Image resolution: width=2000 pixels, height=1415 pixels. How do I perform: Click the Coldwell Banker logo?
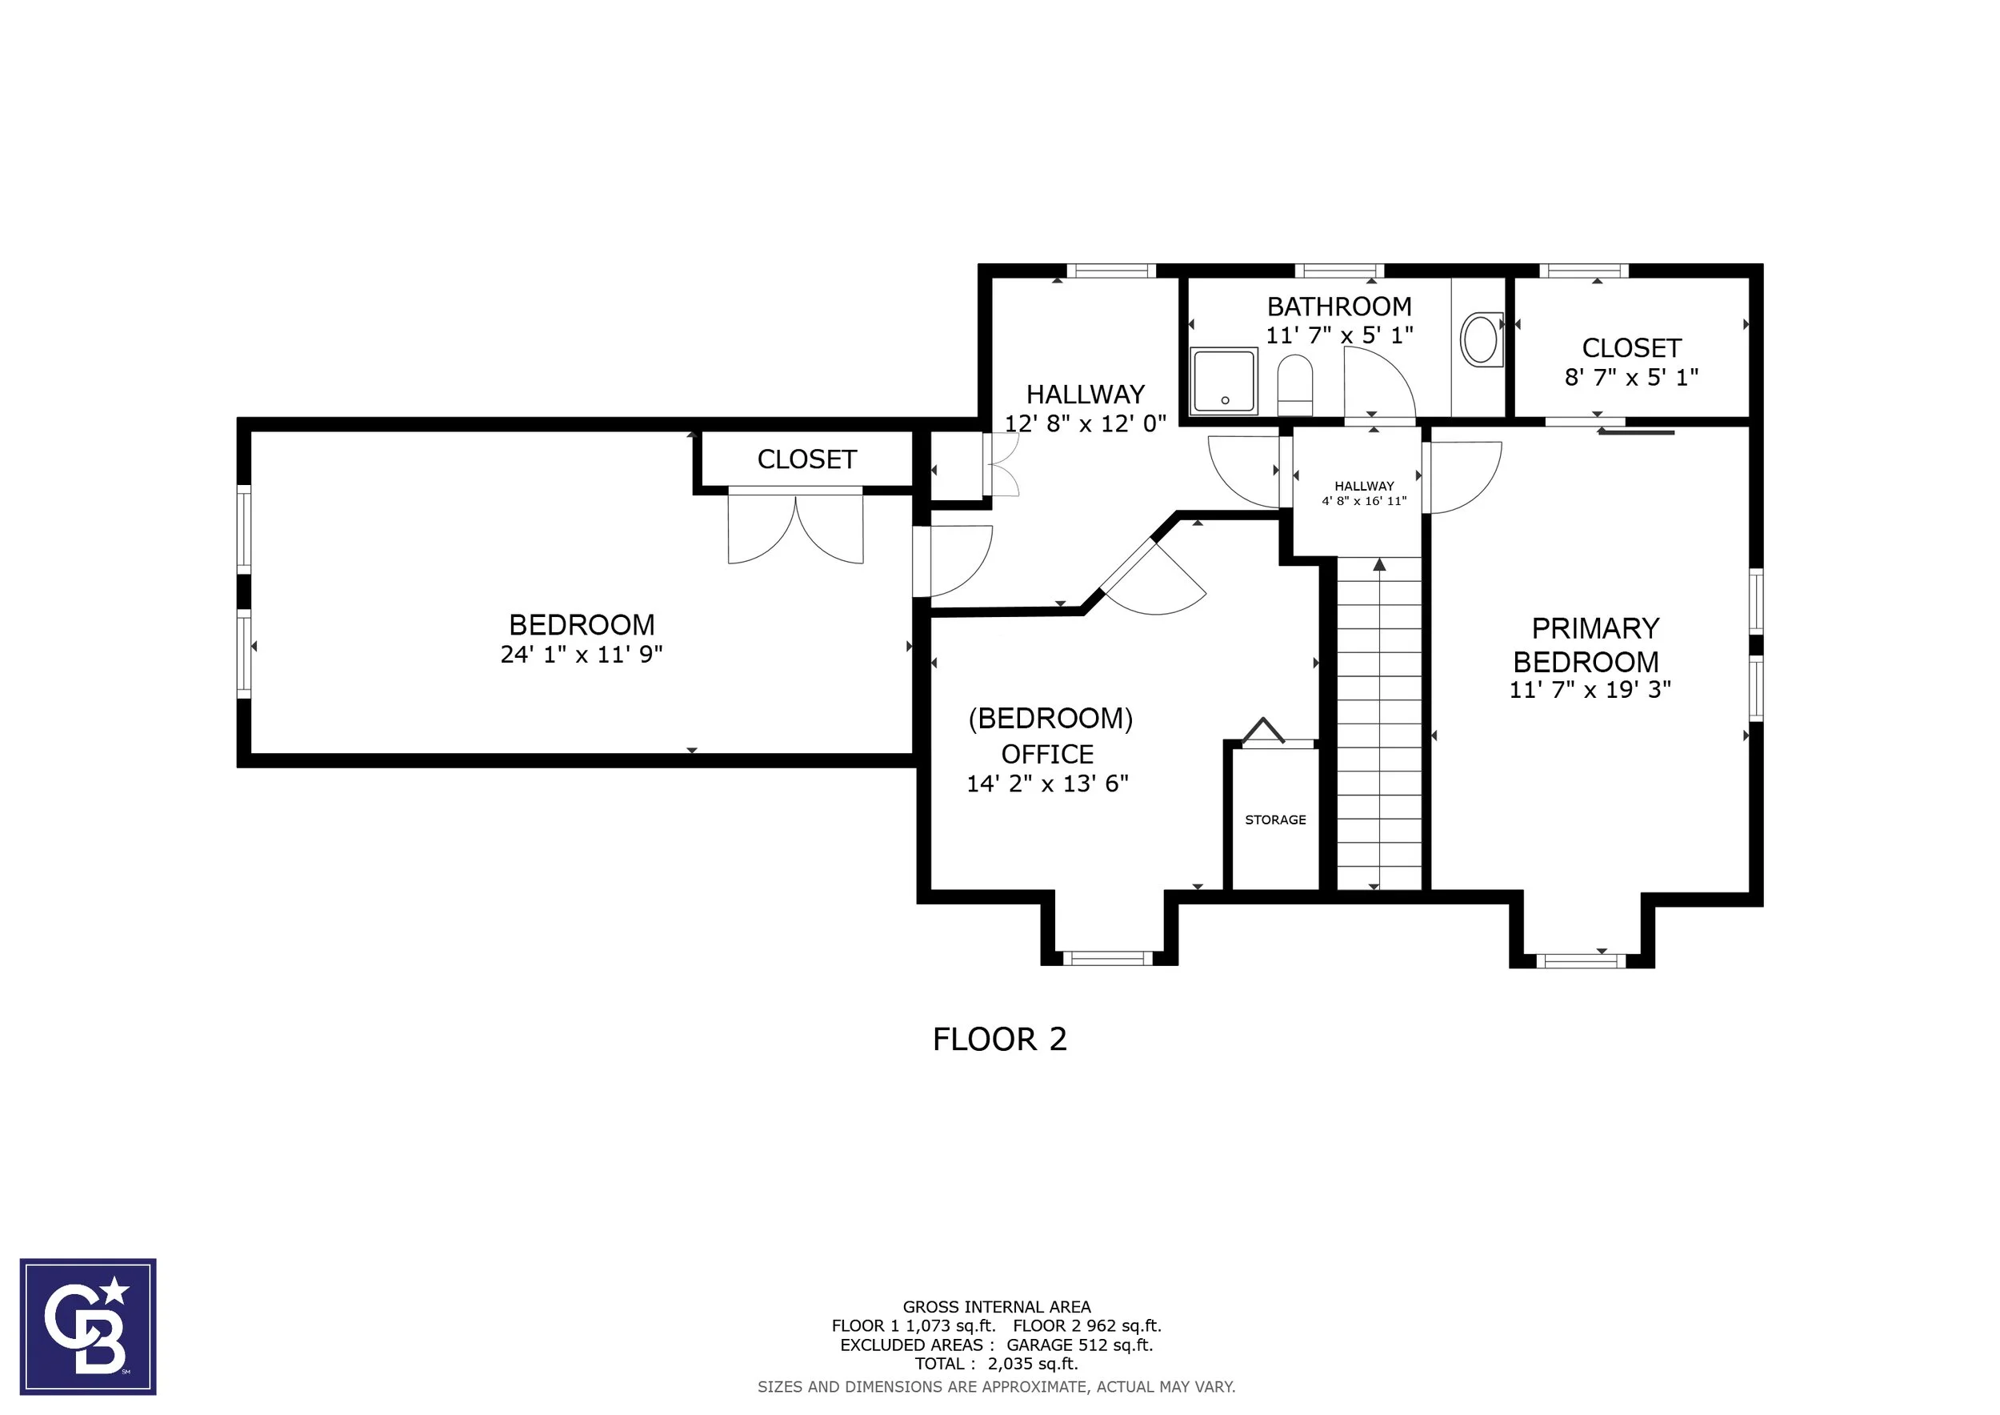click(88, 1326)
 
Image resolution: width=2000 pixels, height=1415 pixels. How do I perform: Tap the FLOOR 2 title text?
click(999, 1040)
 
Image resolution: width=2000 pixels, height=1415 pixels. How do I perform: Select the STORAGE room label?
click(1275, 820)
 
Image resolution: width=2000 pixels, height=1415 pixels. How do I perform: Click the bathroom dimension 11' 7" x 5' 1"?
click(1339, 335)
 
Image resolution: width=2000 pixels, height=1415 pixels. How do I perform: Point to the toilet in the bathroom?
click(1294, 385)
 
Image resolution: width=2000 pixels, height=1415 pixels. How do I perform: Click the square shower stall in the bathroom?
click(1225, 381)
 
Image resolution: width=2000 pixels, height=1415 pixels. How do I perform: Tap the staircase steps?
click(1379, 724)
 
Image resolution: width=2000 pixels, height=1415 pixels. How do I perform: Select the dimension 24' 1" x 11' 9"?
click(581, 655)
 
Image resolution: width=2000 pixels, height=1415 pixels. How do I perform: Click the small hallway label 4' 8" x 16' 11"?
click(1364, 501)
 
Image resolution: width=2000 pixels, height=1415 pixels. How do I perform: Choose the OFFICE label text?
click(1047, 755)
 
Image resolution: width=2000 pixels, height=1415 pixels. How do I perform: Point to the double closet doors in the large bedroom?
click(795, 527)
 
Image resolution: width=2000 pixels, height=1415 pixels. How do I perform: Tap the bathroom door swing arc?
click(1379, 383)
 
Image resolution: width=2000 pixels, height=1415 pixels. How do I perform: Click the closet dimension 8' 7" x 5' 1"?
click(1630, 378)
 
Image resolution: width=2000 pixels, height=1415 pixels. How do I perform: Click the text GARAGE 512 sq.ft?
click(1079, 1345)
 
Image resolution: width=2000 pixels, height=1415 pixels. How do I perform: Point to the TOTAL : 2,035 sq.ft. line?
click(996, 1365)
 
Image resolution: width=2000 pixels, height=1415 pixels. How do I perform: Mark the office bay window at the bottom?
click(1108, 959)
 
